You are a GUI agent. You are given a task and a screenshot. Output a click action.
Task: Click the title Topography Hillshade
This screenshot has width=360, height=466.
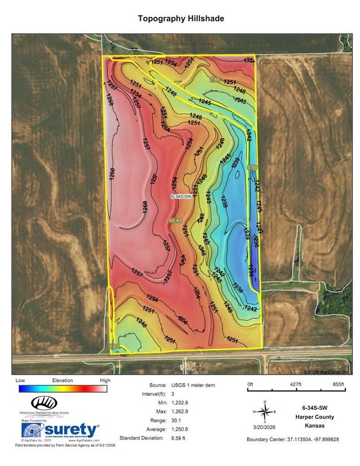tap(180, 19)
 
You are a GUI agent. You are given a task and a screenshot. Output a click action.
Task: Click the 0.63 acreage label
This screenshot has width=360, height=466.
tap(115, 346)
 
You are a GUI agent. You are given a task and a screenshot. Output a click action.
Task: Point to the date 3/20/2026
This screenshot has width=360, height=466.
tap(266, 426)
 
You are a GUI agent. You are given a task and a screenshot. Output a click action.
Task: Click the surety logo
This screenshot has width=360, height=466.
tap(60, 430)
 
